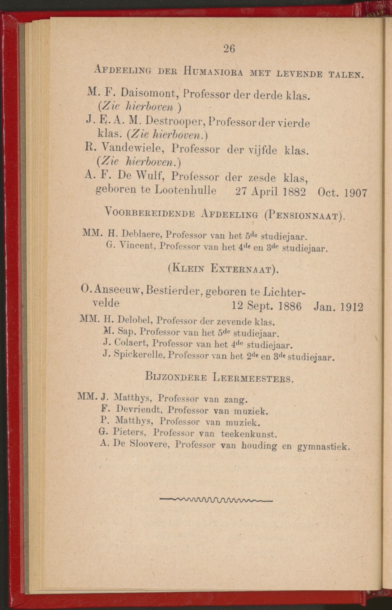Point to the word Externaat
click(x=241, y=269)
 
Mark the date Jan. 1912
click(x=338, y=307)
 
